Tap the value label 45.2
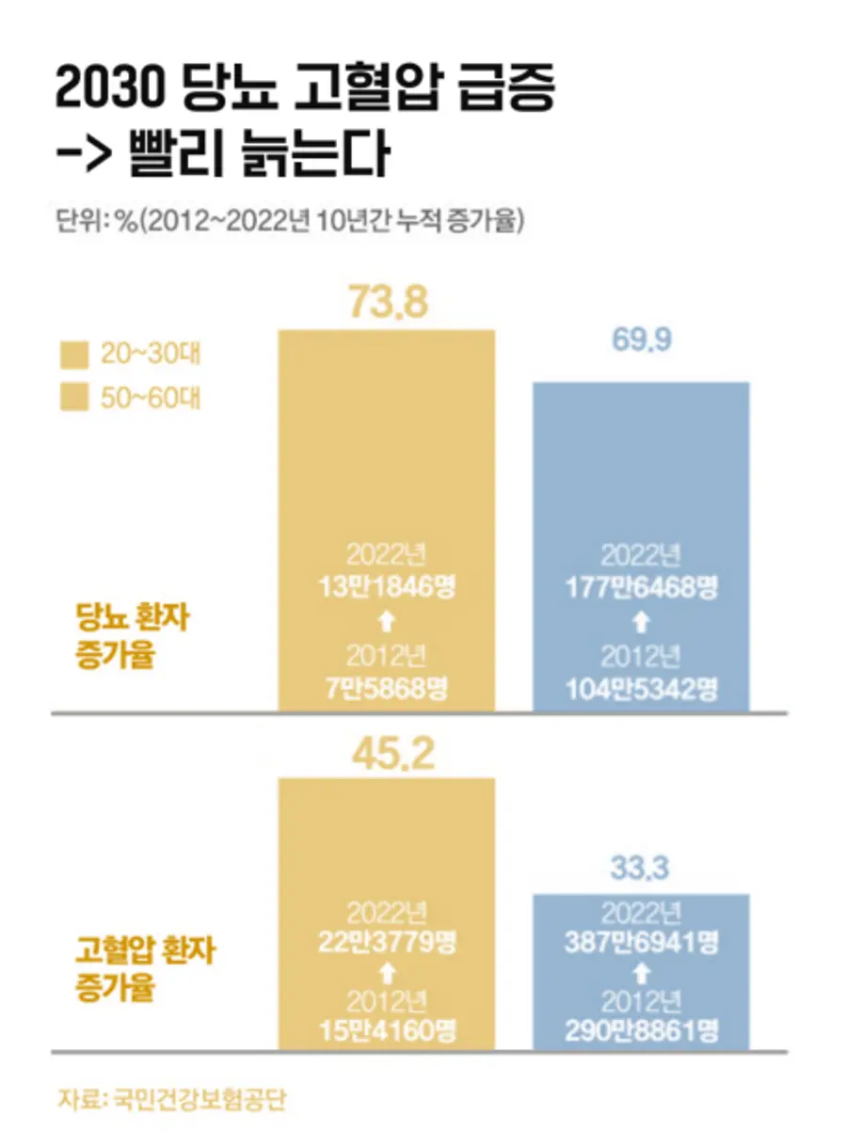[x=388, y=752]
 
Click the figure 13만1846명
[x=388, y=589]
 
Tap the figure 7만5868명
[x=388, y=689]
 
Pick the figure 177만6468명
[x=642, y=589]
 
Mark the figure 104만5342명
[x=642, y=689]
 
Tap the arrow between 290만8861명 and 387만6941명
[x=641, y=969]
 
